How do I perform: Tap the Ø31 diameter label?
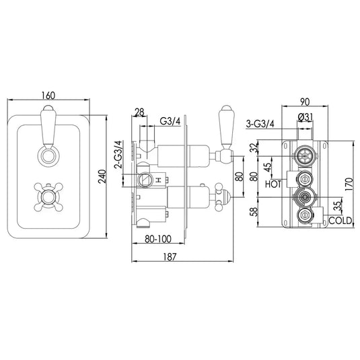pyautogui.click(x=305, y=118)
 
